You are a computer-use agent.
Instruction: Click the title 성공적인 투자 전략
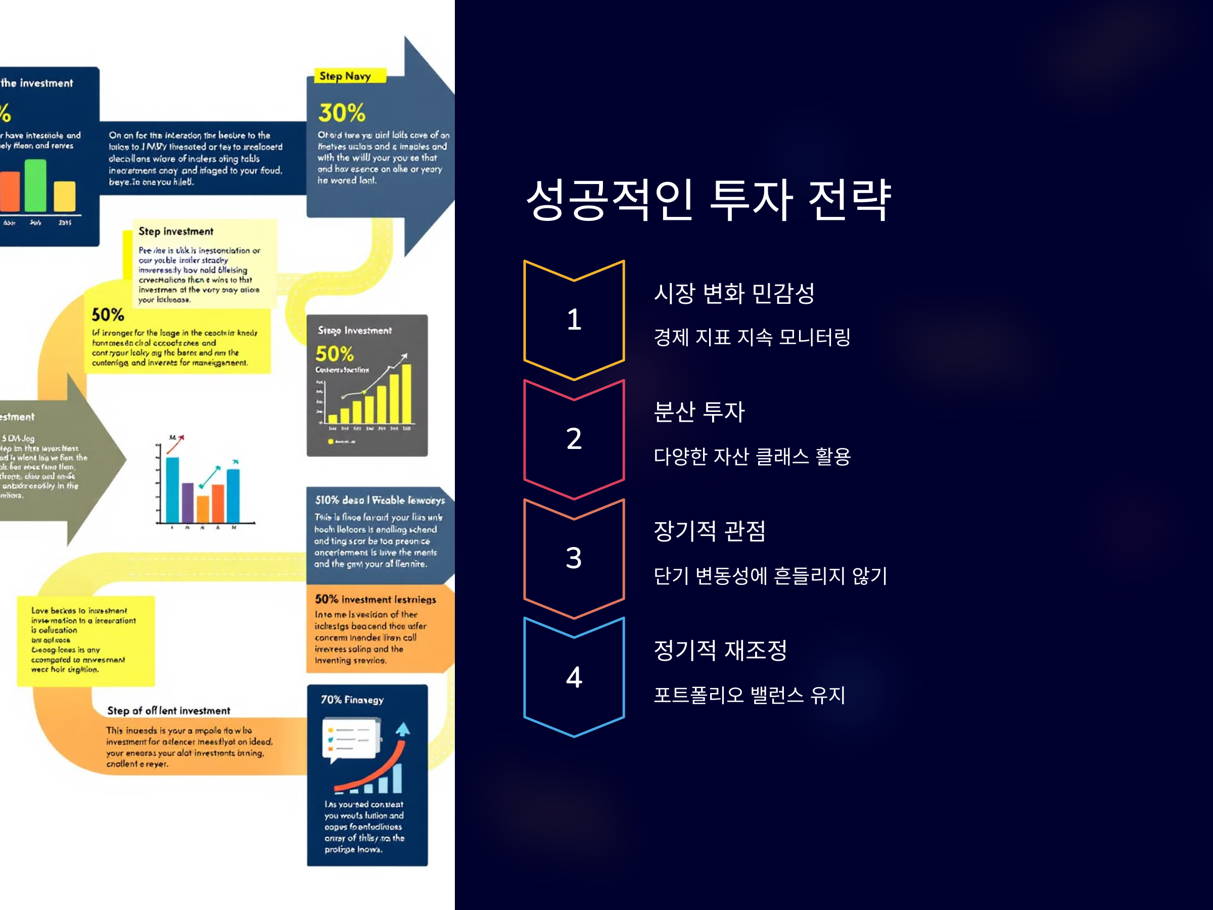coord(709,200)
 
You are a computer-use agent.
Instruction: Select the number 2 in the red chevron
coord(574,439)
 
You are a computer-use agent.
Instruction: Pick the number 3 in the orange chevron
coord(574,558)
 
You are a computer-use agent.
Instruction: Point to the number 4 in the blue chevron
coord(574,677)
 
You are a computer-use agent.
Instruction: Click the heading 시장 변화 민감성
coord(734,293)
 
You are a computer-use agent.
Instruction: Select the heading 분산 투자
coord(699,412)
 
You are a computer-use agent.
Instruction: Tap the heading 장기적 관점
coord(710,531)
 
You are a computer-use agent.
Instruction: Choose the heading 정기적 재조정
coord(720,651)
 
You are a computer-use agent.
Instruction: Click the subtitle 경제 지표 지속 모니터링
coord(752,337)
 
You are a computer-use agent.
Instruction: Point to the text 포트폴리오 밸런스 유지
coord(749,695)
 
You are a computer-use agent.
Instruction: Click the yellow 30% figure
coord(342,113)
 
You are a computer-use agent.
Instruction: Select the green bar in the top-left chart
coord(36,186)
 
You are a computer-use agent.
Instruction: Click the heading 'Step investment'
coord(175,232)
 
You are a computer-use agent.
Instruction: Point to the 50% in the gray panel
coord(335,354)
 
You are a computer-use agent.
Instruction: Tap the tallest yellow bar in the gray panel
coord(406,394)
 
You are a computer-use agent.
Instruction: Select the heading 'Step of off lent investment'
coord(168,711)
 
